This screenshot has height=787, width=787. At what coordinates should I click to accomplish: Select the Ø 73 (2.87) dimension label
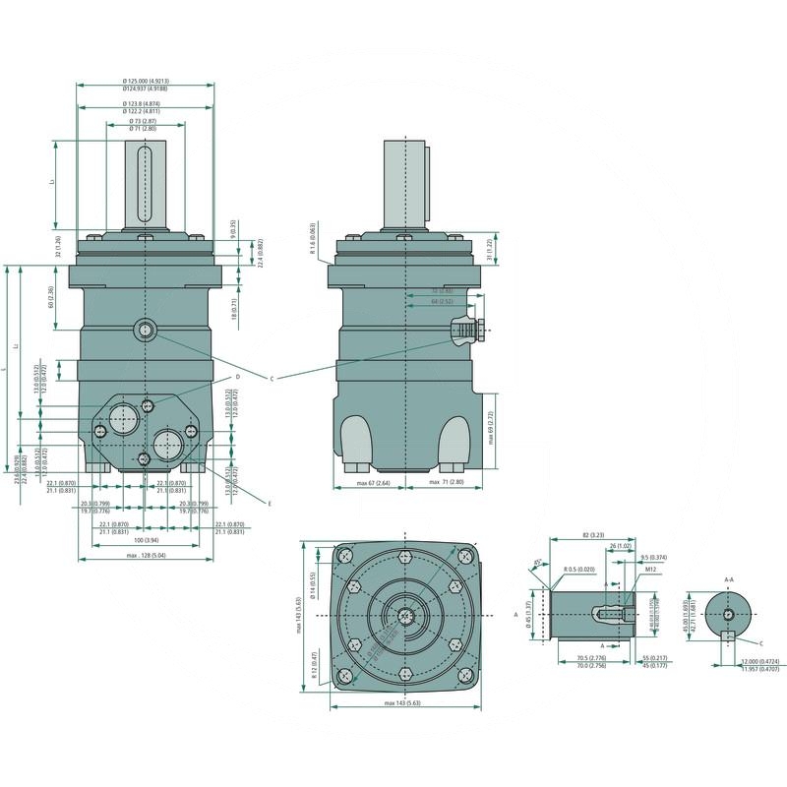(144, 120)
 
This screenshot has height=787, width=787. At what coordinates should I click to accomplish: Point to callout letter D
(238, 377)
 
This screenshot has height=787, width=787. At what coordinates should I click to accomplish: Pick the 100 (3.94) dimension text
(145, 540)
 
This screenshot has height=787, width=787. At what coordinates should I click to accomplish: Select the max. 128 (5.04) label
(145, 557)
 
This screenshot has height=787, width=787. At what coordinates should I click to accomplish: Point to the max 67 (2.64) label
(374, 484)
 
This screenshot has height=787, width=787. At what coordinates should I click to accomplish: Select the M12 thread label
(650, 569)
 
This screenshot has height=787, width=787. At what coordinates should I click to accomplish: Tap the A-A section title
(729, 580)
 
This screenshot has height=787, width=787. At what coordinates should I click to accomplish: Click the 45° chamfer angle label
(537, 564)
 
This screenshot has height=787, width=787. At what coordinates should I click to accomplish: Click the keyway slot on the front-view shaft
(145, 184)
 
